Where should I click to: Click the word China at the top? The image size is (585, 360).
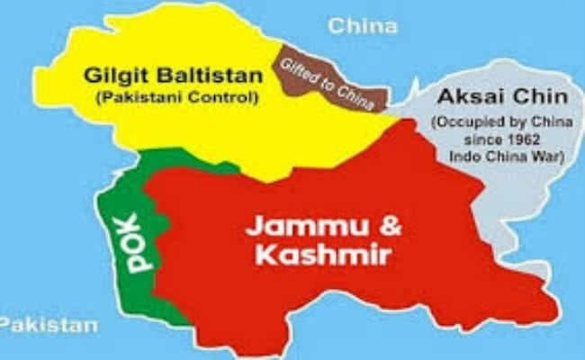363,24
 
